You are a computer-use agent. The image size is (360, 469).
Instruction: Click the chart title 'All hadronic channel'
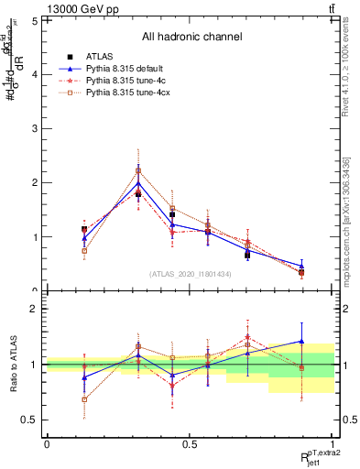click(191, 37)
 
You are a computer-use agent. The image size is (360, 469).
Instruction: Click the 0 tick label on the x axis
click(47, 444)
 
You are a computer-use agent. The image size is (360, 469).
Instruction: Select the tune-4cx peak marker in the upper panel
click(138, 170)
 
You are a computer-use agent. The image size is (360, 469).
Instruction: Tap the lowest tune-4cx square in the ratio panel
click(85, 399)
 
